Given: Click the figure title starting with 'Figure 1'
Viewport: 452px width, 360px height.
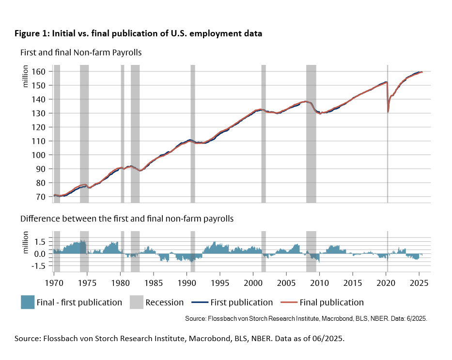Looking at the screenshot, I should pyautogui.click(x=138, y=34).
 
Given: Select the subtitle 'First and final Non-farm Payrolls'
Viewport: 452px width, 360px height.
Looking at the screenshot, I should pyautogui.click(x=81, y=52).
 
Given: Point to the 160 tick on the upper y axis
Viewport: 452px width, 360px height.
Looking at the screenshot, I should pyautogui.click(x=40, y=71).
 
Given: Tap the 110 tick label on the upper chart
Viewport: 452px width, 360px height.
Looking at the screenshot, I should pyautogui.click(x=40, y=141).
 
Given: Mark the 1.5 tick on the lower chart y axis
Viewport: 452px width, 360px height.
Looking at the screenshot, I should pyautogui.click(x=40, y=242).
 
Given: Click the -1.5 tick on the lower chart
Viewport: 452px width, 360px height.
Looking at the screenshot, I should pyautogui.click(x=39, y=266).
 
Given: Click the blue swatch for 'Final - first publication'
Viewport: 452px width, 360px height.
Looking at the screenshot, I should pyautogui.click(x=28, y=302).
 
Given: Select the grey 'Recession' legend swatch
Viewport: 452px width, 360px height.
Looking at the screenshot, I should pyautogui.click(x=137, y=302).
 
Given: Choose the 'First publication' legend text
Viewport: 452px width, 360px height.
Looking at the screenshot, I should pyautogui.click(x=242, y=302).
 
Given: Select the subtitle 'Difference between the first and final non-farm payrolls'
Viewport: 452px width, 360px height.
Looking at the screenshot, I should pyautogui.click(x=127, y=219).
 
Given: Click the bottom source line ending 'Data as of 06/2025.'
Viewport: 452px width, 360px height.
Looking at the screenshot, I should pyautogui.click(x=179, y=338).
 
